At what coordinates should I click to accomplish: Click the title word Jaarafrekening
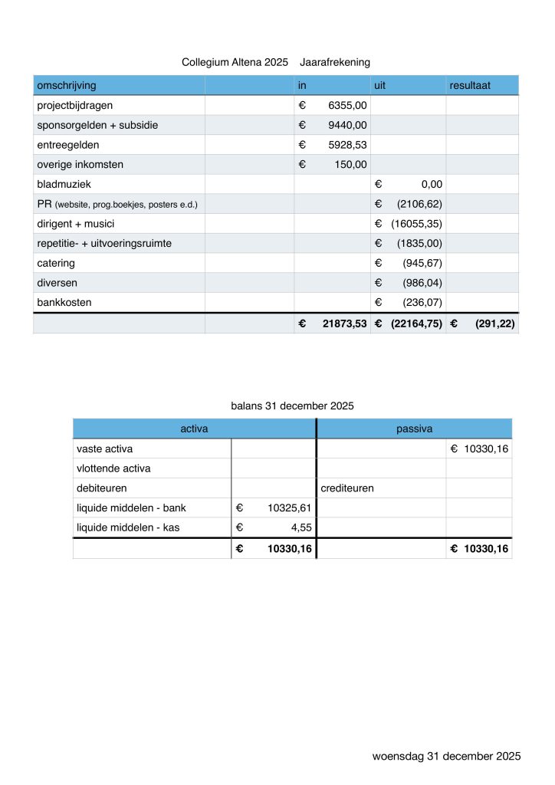(337, 61)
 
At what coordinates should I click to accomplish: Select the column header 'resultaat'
(471, 84)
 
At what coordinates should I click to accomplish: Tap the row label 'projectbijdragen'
(75, 105)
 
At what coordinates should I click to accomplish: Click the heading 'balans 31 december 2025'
(292, 406)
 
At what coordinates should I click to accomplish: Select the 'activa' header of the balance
(194, 429)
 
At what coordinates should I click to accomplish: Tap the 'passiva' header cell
(415, 429)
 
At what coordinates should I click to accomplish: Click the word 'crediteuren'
(347, 488)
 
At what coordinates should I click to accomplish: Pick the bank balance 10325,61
(291, 507)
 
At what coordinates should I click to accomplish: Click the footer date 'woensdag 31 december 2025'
(446, 756)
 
